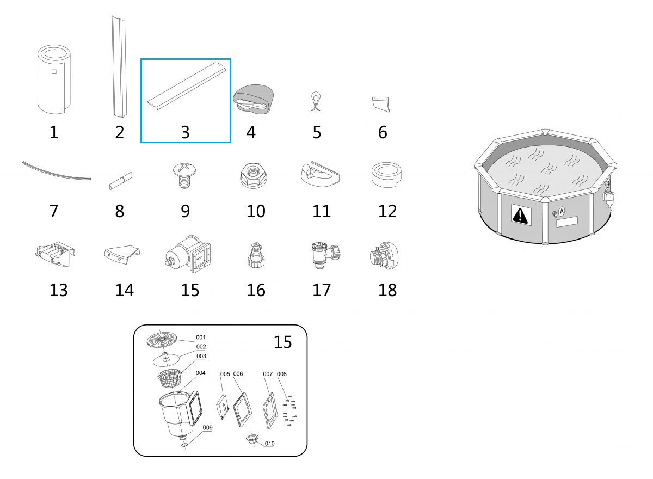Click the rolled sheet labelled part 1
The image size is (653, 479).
(54, 79)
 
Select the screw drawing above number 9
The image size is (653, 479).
(184, 175)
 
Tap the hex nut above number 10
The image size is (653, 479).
(253, 175)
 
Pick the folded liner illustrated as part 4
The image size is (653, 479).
(254, 99)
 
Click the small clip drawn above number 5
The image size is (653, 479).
(316, 101)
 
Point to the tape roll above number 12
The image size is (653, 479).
(386, 175)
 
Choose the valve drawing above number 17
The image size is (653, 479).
(325, 255)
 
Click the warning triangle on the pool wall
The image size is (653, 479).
(519, 215)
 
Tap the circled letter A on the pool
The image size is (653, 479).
(562, 211)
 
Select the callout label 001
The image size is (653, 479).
(201, 337)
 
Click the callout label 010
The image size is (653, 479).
(270, 444)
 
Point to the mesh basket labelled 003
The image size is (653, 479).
(169, 378)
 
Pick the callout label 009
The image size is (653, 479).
(207, 428)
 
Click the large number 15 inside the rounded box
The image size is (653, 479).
(282, 342)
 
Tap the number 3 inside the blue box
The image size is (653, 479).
(186, 132)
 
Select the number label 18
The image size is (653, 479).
(387, 290)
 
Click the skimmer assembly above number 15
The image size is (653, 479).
(188, 254)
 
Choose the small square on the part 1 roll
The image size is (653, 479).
(54, 72)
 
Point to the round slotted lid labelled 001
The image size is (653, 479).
(162, 340)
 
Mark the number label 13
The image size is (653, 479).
(59, 290)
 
